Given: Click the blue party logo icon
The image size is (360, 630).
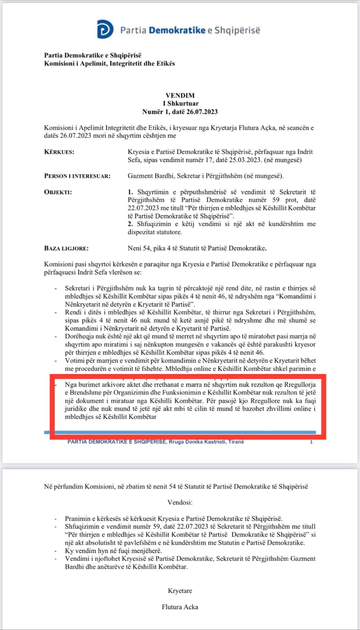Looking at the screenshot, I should (x=105, y=30).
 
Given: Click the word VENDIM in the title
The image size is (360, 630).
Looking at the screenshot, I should (x=180, y=95).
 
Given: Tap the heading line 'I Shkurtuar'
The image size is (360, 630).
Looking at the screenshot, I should (x=181, y=104).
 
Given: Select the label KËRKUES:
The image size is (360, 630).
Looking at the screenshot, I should (x=59, y=152).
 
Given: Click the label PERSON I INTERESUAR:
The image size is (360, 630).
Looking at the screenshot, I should (x=77, y=176).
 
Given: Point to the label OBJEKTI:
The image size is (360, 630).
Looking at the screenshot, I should (x=58, y=192).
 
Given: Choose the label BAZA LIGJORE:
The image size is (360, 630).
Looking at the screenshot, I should (x=66, y=248).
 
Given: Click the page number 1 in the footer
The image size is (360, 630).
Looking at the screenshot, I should (x=311, y=442).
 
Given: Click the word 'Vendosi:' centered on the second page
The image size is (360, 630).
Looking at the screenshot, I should (x=180, y=502).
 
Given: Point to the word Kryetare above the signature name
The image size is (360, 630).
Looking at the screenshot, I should (x=180, y=591).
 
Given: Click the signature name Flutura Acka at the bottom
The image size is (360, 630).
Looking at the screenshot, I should (x=180, y=607).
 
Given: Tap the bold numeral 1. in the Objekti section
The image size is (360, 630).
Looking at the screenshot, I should (x=130, y=192).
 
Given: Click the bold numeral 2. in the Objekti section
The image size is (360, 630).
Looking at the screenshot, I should (x=130, y=224).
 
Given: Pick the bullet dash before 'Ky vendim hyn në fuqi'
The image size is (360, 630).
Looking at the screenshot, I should (x=56, y=551).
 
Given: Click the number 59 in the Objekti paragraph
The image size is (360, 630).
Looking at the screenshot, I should (x=276, y=200).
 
